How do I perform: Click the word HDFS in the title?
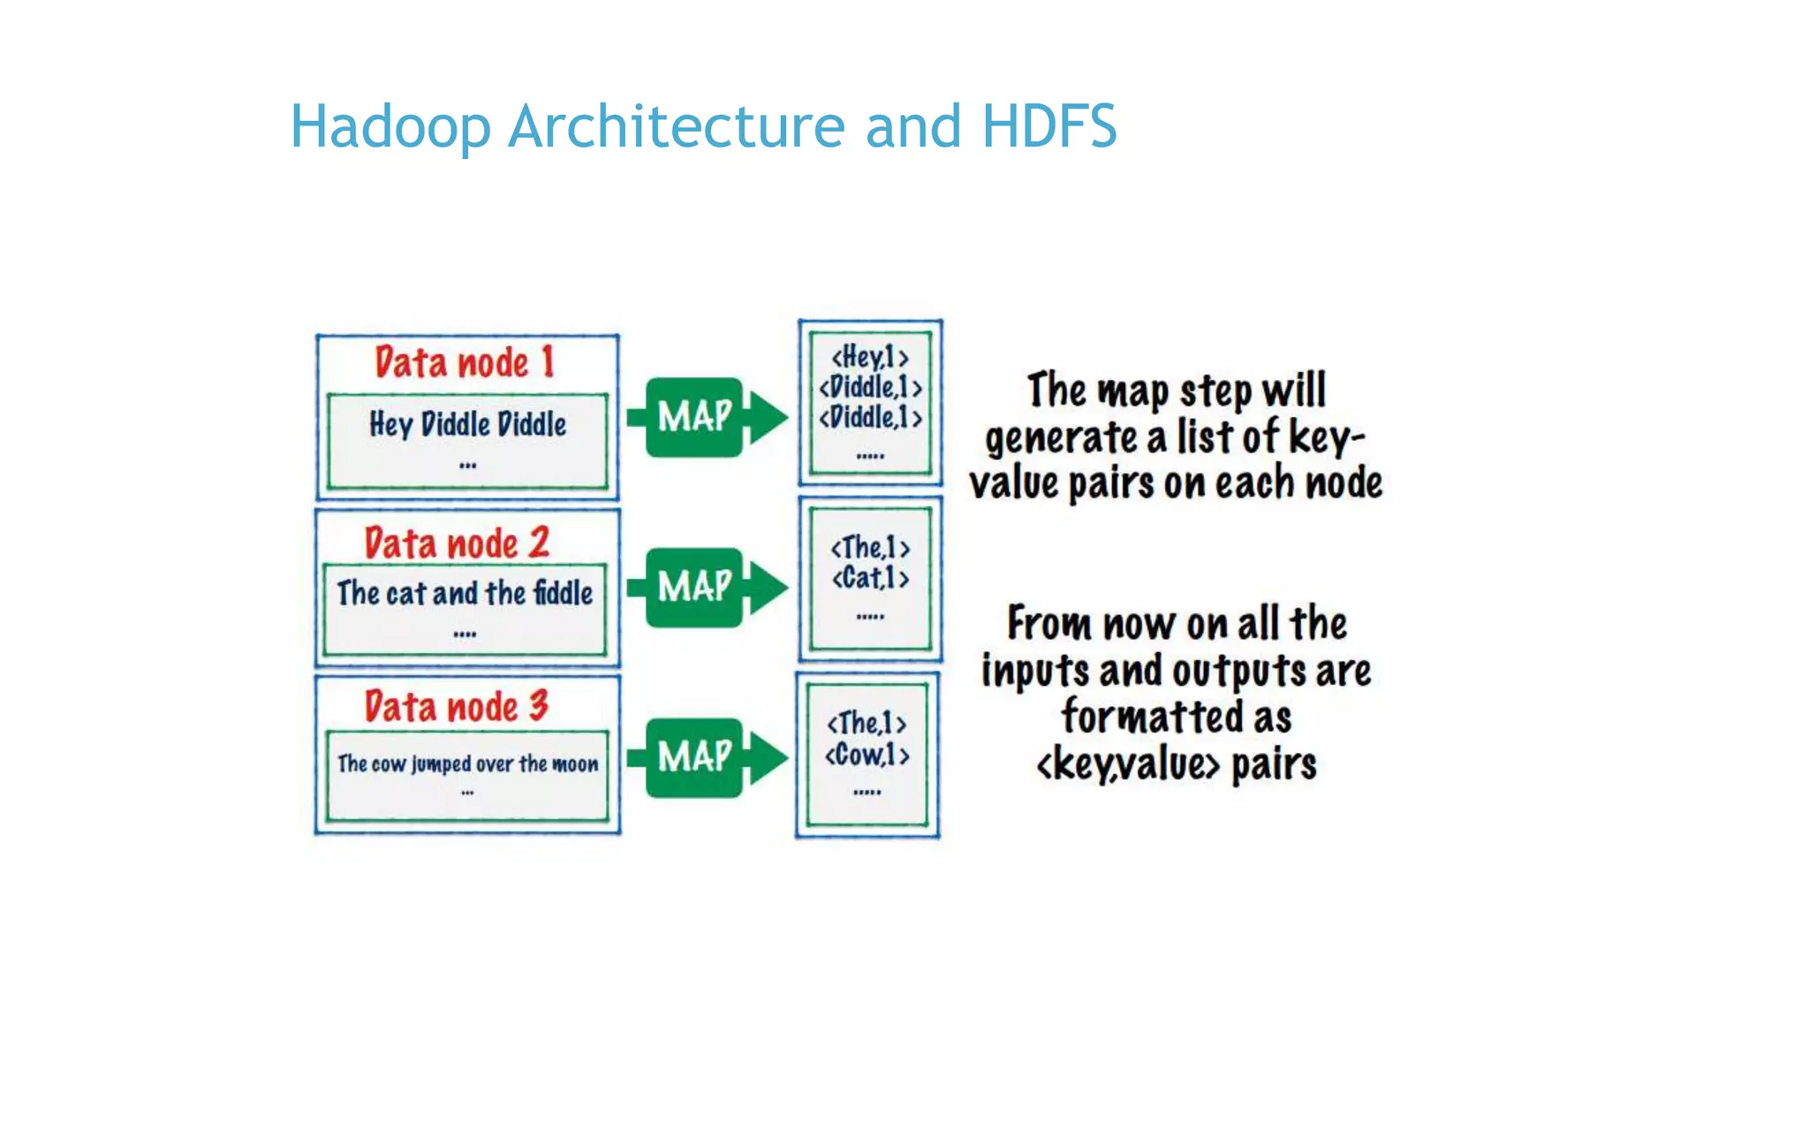coord(1048,126)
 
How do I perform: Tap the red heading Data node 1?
coord(465,362)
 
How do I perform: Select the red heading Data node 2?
coord(457,543)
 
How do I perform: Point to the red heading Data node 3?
coord(457,706)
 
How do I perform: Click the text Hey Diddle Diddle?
coord(467,424)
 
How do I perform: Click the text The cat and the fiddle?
coord(465,593)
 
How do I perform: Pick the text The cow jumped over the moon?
coord(467,763)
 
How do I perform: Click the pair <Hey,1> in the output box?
coord(870,357)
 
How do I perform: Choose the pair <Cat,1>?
coord(870,578)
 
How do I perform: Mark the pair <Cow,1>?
coord(867,755)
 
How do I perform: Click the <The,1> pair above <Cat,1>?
coord(870,547)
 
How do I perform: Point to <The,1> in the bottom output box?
coord(867,723)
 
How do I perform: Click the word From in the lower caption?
coord(1049,623)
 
